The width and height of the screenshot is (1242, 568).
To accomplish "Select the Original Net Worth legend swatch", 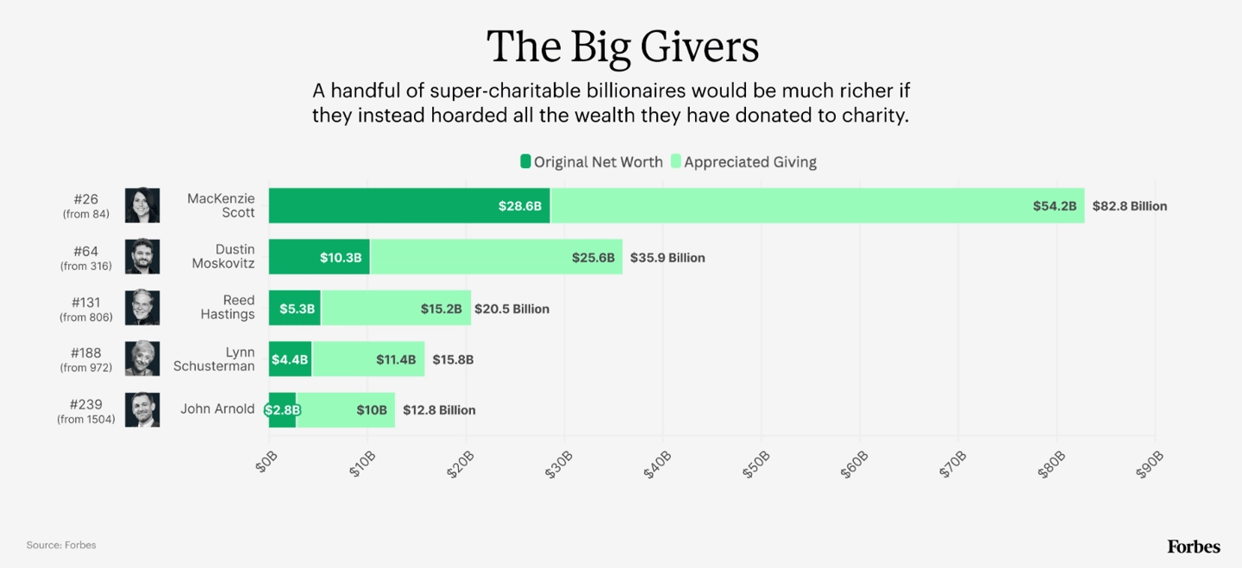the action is [525, 161].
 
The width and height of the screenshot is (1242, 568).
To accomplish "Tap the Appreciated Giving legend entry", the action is [743, 162].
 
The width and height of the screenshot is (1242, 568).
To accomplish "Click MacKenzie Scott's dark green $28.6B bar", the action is [409, 206].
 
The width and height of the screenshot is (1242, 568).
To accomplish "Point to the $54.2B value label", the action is [1054, 206].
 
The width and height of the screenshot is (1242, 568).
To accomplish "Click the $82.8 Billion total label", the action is [1130, 206].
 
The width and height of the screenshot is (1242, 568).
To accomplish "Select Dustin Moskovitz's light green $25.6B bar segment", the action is [496, 257].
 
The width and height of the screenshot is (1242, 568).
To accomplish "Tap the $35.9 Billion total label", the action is [667, 258].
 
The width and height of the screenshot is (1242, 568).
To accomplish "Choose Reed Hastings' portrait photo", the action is [142, 308].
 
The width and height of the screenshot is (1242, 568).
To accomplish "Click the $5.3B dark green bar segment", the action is [294, 308].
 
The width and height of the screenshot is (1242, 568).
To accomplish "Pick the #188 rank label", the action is [86, 353].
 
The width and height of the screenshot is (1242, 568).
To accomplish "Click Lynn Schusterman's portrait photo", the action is [142, 359].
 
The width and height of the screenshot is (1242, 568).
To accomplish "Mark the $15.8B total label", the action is [453, 359].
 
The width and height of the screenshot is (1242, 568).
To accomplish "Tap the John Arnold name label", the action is [217, 409].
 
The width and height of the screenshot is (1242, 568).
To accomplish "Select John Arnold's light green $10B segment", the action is [345, 410].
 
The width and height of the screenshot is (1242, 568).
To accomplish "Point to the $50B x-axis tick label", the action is [756, 465].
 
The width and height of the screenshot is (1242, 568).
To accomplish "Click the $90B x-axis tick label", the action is [1150, 465].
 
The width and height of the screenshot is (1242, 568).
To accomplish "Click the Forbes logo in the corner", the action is [1194, 547].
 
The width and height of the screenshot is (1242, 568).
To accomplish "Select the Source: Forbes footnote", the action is [61, 546].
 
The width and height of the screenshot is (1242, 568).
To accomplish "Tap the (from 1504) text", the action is [86, 420].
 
